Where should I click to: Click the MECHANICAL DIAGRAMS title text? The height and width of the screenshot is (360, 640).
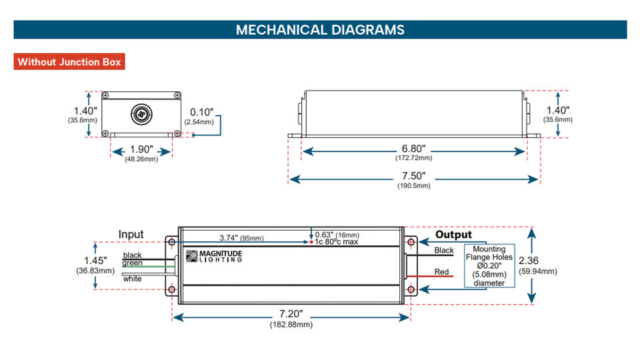[320, 30]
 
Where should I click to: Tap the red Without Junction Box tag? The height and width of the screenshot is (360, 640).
[69, 61]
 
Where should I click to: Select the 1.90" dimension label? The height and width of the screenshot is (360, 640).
[141, 149]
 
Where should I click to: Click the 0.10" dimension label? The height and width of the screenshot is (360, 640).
[201, 112]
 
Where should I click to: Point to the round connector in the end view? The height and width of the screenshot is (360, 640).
[141, 114]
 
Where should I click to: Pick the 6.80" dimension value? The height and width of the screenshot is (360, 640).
[413, 149]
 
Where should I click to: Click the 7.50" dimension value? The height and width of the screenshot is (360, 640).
[413, 176]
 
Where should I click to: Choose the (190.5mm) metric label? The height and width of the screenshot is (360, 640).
[414, 186]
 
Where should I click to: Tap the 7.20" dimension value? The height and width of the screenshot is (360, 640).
[291, 314]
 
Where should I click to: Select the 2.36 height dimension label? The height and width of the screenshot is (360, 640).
[529, 261]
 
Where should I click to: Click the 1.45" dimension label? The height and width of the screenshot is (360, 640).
[95, 261]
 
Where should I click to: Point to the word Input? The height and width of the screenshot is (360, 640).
[131, 234]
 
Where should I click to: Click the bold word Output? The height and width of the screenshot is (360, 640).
[453, 235]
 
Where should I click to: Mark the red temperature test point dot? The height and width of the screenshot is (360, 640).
[311, 242]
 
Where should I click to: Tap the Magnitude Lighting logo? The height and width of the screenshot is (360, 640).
[214, 256]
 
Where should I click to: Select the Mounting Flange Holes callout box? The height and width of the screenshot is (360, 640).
[489, 266]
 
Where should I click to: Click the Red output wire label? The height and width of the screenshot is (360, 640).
[441, 272]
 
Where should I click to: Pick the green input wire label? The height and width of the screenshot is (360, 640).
[132, 263]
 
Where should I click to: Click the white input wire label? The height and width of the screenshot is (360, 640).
[132, 279]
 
